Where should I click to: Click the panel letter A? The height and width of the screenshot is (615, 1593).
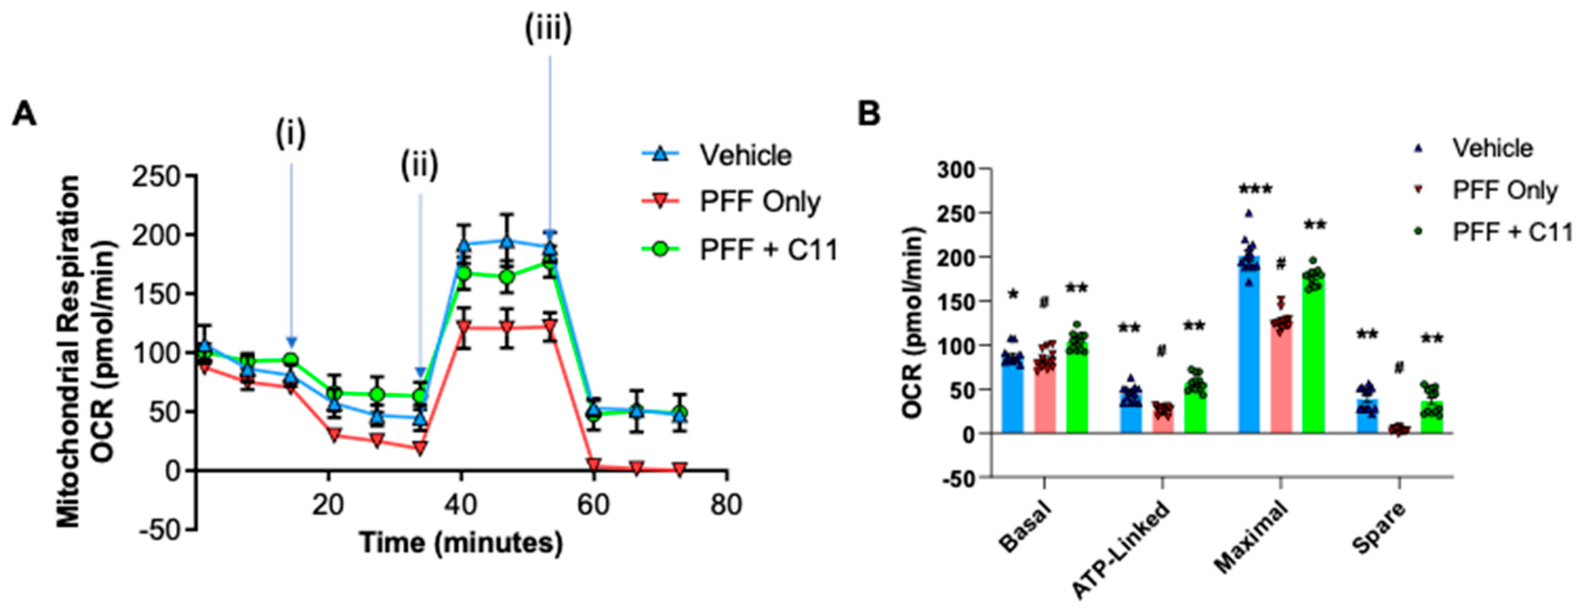tap(24, 114)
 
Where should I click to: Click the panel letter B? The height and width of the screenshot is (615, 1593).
tap(868, 114)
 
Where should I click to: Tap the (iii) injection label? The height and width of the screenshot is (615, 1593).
tap(549, 29)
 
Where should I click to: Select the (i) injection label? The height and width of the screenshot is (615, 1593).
tap(291, 134)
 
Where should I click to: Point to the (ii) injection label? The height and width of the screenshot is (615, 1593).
tap(420, 166)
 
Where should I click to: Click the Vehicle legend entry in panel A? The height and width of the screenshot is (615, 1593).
tap(745, 155)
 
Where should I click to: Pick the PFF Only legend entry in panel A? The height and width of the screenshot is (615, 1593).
tap(760, 202)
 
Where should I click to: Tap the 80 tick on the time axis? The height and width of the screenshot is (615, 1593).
tap(725, 505)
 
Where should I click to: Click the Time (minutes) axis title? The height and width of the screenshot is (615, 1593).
tap(461, 543)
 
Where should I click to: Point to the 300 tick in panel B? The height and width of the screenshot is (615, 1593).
tap(956, 169)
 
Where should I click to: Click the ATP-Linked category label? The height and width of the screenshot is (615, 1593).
tap(1121, 551)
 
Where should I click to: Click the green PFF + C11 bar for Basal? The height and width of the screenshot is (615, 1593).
tap(1077, 390)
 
